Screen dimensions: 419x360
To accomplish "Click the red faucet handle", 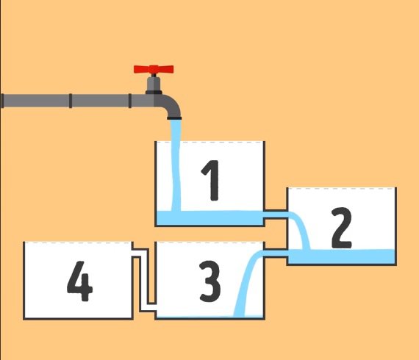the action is click(154, 70).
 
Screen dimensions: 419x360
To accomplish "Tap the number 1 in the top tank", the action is click(211, 180).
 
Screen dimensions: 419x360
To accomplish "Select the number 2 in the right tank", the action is click(342, 228).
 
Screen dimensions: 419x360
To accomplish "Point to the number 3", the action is click(209, 281).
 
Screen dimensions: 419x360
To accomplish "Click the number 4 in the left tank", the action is click(79, 281).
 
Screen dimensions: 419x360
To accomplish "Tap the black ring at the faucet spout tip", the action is click(174, 118).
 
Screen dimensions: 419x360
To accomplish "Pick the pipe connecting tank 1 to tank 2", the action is click(276, 215).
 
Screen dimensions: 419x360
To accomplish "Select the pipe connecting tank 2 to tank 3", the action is click(276, 253).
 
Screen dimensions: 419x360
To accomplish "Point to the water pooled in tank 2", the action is click(342, 256).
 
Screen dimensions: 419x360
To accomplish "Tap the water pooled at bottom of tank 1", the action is click(209, 217).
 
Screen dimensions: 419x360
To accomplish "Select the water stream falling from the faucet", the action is click(176, 165).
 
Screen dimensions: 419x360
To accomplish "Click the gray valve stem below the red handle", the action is click(154, 84).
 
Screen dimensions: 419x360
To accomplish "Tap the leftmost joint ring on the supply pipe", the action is click(2, 101).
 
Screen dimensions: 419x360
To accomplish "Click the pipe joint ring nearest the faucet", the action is click(130, 101).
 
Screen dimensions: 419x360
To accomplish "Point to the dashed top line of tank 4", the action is click(78, 242).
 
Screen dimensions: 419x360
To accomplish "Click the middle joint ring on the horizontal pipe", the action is click(71, 101).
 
